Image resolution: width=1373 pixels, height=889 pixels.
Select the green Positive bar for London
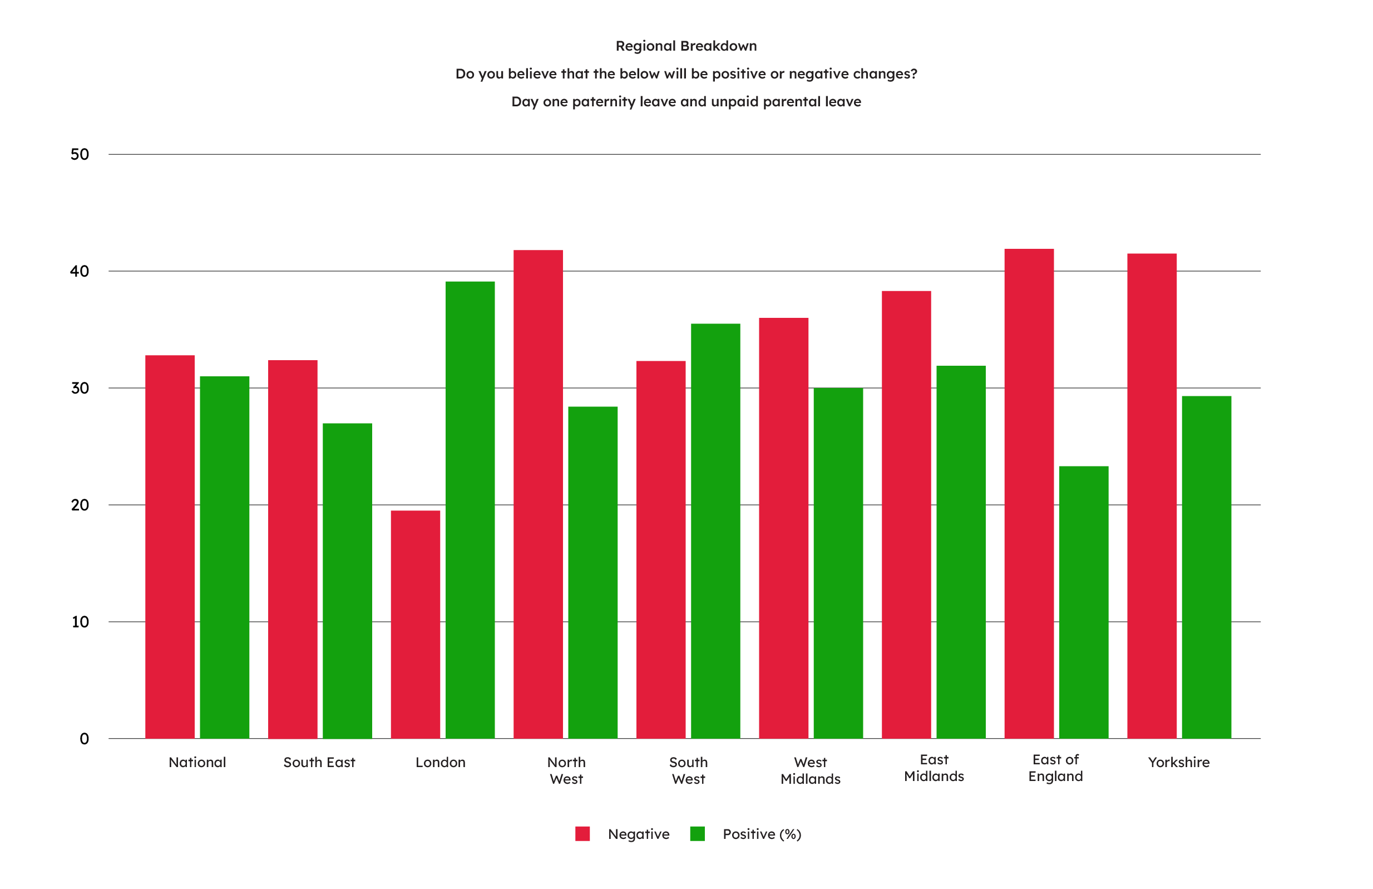pos(470,510)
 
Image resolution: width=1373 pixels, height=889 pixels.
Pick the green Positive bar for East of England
pos(1083,602)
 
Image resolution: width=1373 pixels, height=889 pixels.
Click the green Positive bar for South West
pos(715,531)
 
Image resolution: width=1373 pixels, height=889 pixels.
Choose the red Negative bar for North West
pos(537,494)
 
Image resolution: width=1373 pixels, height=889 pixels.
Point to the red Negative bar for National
pos(170,547)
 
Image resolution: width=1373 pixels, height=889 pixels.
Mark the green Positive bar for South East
pos(347,581)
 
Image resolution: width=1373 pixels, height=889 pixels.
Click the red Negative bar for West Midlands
pos(783,528)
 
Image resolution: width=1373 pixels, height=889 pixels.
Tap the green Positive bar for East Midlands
pos(961,552)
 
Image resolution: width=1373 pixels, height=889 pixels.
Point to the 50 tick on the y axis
pos(80,154)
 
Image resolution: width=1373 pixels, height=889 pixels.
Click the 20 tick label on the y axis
pos(80,505)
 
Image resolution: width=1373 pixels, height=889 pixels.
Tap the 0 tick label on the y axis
pos(84,739)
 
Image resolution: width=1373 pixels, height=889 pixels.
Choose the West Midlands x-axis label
pos(810,770)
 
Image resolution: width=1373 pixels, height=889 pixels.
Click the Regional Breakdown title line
pos(686,46)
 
